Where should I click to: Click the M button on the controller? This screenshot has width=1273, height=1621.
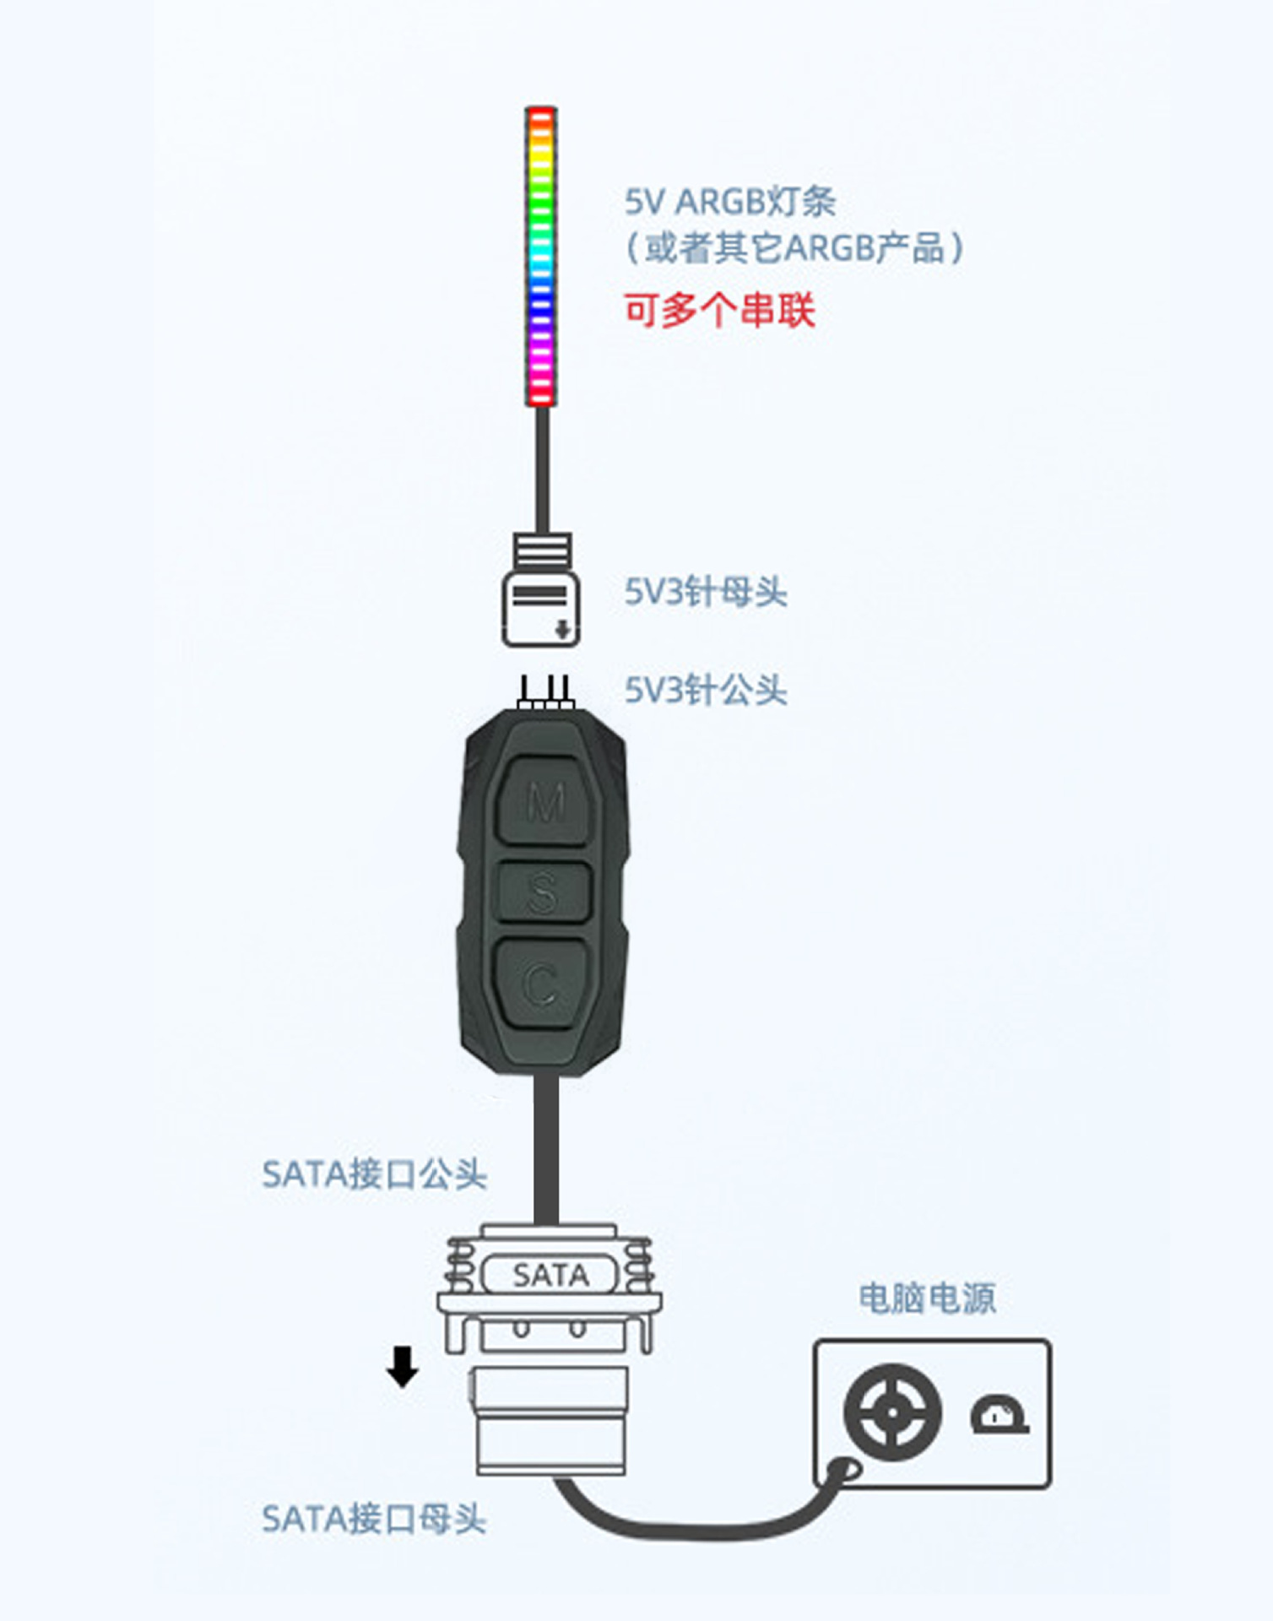pos(544,800)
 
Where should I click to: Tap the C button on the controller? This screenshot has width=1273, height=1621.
pos(541,983)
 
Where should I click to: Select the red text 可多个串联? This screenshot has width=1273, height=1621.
pos(719,310)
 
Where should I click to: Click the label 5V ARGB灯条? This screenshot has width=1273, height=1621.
pos(729,202)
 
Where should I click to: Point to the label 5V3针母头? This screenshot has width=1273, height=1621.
pos(705,592)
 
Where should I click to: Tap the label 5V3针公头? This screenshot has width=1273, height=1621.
pos(705,690)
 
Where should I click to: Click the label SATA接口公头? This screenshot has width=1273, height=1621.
pos(374,1174)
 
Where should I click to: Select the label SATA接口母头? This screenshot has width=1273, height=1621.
pos(374,1519)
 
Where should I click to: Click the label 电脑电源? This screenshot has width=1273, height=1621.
pos(927,1298)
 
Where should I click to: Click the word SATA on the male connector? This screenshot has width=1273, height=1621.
pos(550,1275)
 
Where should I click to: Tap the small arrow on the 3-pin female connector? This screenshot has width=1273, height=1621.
pos(562,629)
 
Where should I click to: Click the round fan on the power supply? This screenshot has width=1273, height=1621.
pos(892,1412)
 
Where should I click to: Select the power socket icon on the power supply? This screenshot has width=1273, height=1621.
pos(999,1415)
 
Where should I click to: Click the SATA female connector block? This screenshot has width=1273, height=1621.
pos(550,1422)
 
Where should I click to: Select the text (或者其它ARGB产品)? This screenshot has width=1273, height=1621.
pos(794,248)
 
